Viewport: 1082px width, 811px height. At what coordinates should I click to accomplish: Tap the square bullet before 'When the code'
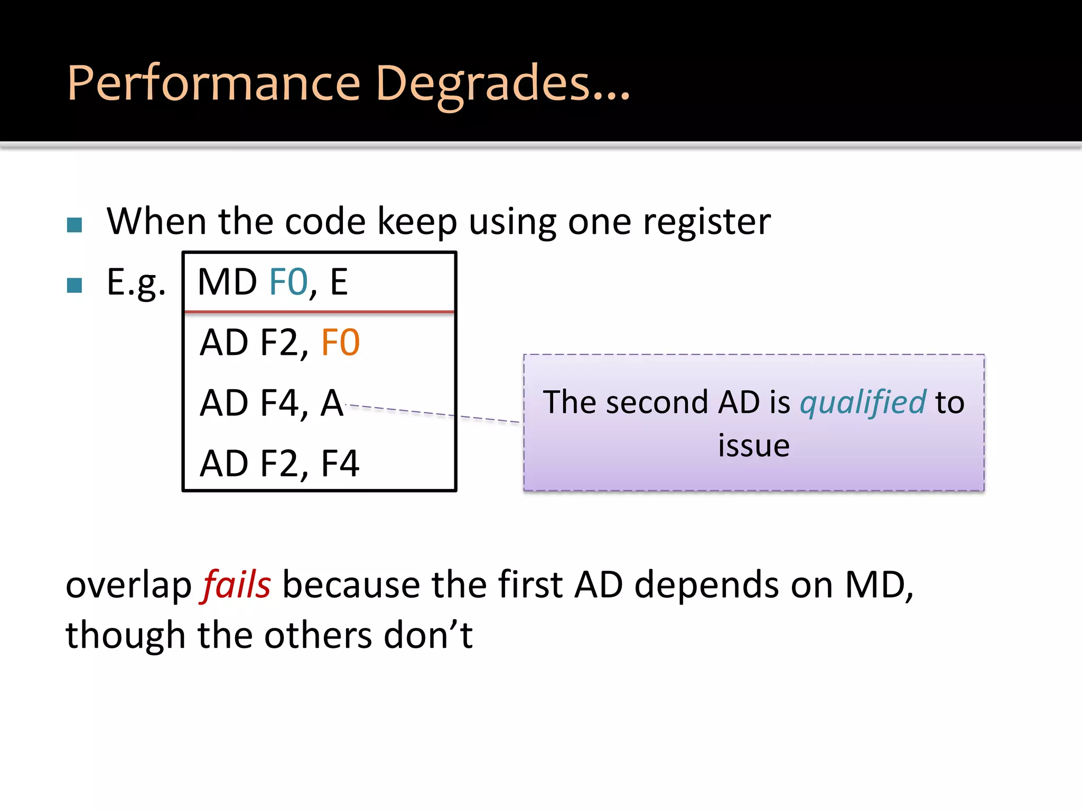[x=74, y=225]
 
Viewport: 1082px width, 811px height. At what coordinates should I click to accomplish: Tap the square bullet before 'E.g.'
[x=74, y=285]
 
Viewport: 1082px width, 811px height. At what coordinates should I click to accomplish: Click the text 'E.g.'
[x=136, y=283]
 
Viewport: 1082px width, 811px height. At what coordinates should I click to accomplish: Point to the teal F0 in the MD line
[x=288, y=282]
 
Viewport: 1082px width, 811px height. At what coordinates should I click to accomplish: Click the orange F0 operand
[x=340, y=343]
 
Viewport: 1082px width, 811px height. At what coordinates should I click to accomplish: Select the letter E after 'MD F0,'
[x=339, y=282]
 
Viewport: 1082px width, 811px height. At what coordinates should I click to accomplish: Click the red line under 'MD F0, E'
[x=319, y=312]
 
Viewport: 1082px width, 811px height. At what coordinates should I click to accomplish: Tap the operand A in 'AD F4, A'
[x=332, y=403]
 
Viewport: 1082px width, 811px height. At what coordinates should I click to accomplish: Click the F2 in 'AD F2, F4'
[x=280, y=464]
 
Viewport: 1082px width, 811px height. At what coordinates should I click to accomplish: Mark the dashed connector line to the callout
[x=433, y=413]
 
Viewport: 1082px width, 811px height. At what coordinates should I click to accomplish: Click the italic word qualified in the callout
[x=863, y=402]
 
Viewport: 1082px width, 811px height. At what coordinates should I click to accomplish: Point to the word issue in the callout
[x=753, y=446]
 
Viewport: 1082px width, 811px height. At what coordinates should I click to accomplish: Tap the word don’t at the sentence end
[x=428, y=635]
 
